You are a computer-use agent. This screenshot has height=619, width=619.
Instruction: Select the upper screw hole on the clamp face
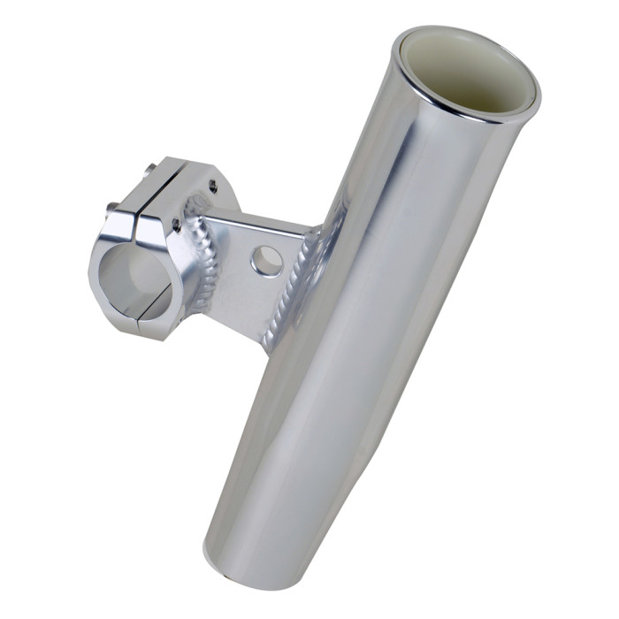click(212, 186)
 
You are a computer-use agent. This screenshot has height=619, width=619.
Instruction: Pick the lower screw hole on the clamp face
click(176, 226)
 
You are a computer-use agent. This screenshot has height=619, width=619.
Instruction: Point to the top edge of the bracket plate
click(256, 221)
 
